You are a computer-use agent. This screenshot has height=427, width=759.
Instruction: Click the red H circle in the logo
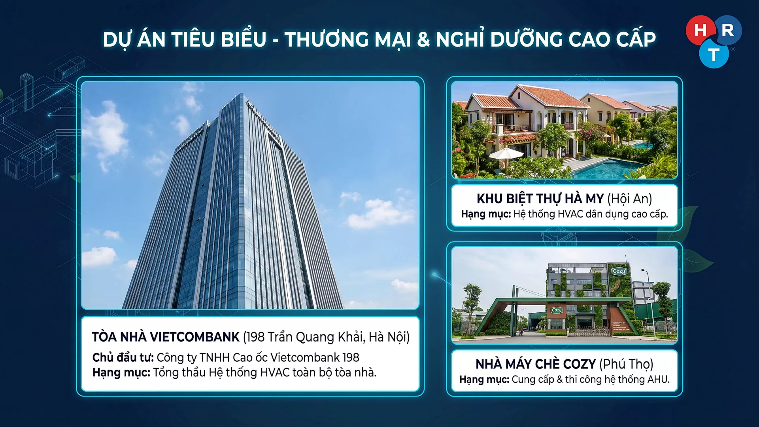coord(700,30)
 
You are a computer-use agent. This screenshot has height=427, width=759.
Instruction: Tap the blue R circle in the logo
coord(728,30)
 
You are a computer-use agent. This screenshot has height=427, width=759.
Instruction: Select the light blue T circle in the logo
coord(714,55)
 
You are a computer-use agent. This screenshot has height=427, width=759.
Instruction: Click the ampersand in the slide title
coord(423,39)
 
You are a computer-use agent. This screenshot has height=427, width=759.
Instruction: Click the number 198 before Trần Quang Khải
coord(255,337)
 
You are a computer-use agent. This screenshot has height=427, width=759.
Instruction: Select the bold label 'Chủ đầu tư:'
coord(123,357)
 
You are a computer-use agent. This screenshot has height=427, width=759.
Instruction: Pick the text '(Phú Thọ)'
coord(626,364)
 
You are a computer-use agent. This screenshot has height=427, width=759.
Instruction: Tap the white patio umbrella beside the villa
coord(506,153)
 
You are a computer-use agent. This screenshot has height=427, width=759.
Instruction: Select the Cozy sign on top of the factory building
coord(619,271)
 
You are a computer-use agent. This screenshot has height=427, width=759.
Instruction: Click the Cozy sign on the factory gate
coord(557,310)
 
